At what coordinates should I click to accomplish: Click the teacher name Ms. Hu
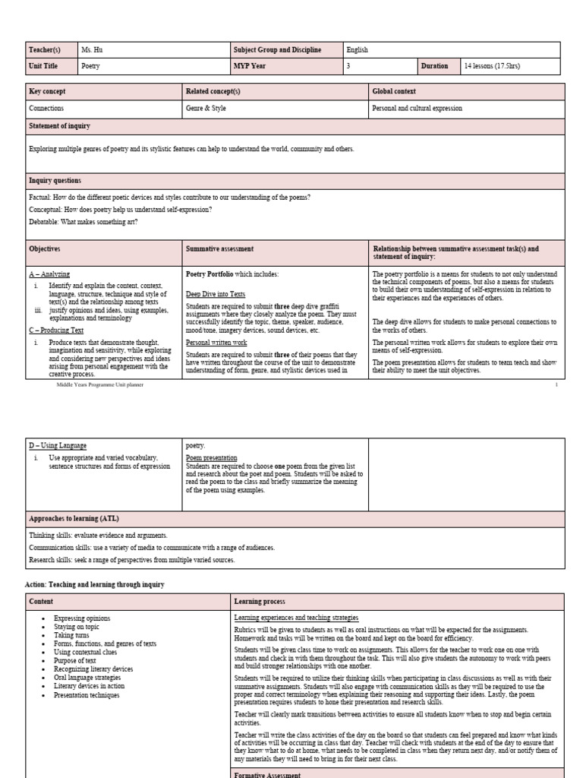click(x=92, y=50)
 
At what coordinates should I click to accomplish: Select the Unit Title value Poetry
click(x=90, y=66)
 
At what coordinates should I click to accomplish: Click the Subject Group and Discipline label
click(x=278, y=50)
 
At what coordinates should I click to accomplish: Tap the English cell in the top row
click(x=358, y=50)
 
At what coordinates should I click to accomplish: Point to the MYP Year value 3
click(x=348, y=66)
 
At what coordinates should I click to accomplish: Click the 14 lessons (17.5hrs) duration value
click(x=493, y=66)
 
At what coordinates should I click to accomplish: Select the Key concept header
click(x=47, y=92)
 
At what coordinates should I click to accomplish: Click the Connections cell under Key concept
click(x=46, y=109)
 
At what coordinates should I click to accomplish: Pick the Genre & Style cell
click(x=206, y=109)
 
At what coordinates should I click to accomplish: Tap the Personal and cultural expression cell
click(x=417, y=109)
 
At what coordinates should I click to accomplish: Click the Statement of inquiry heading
click(x=59, y=125)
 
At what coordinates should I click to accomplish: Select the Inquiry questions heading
click(x=55, y=180)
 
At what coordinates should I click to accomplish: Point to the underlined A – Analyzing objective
click(x=49, y=274)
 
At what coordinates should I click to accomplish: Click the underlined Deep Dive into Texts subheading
click(x=216, y=293)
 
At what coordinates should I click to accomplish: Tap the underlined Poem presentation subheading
click(x=212, y=458)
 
